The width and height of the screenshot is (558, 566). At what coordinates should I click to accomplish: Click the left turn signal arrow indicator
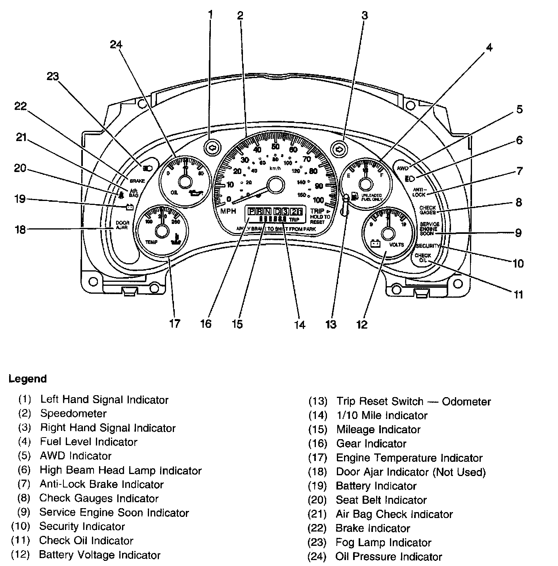coord(212,148)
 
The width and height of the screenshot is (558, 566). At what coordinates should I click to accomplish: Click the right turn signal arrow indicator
coord(339,149)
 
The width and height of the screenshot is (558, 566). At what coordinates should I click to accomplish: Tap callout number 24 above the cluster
coord(116,45)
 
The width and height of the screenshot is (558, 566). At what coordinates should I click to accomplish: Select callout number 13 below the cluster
coord(331,324)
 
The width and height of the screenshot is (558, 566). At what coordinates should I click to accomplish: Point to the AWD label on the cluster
coord(402,168)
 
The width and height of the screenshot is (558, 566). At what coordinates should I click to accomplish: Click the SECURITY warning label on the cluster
coord(428,246)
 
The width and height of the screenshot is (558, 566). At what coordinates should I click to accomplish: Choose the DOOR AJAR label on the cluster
coord(122,226)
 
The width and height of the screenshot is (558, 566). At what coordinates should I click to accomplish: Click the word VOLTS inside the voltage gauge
coord(396,245)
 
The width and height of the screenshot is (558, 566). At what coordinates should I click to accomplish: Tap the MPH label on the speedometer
coord(228,211)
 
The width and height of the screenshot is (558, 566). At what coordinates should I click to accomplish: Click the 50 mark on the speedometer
coord(275,147)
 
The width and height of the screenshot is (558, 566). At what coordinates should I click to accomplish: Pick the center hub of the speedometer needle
coord(275,185)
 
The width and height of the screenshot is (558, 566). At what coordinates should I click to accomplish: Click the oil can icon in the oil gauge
coord(197,193)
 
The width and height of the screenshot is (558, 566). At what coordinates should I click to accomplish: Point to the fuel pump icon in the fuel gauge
coord(354,196)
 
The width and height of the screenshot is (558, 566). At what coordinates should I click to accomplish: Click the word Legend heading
coord(28,379)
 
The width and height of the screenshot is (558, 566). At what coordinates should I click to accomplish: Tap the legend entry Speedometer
coord(73,414)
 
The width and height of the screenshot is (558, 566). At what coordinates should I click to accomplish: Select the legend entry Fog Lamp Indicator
coord(383,543)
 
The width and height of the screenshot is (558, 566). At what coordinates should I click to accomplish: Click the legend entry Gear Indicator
coord(371,444)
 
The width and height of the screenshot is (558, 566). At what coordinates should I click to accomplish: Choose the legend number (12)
coord(21,555)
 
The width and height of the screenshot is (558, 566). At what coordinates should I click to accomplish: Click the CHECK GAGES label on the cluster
coord(428,210)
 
